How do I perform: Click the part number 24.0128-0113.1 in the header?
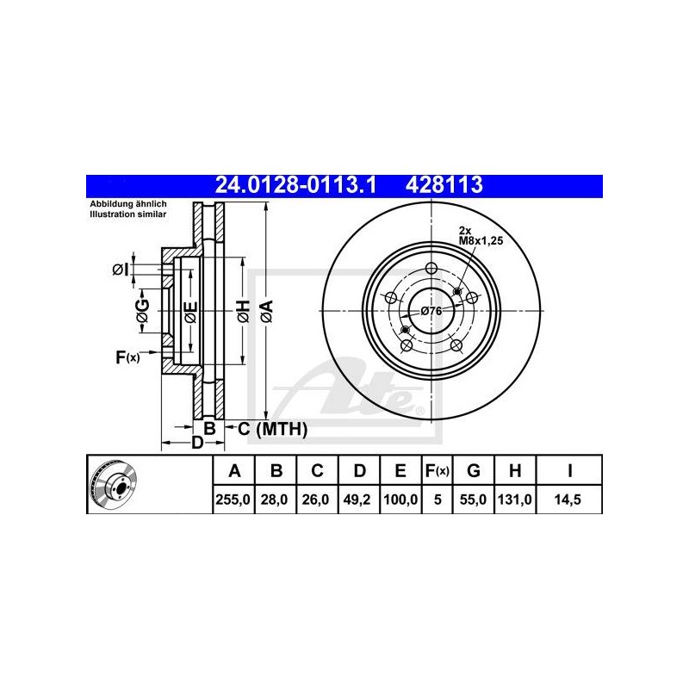[x=295, y=185]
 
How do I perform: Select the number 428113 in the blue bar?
[x=444, y=185]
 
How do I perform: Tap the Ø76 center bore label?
[x=431, y=311]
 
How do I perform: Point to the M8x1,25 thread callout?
[x=481, y=241]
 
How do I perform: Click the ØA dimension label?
[x=267, y=312]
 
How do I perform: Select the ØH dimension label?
[x=244, y=312]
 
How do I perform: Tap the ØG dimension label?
[x=143, y=311]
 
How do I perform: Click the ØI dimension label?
[x=120, y=270]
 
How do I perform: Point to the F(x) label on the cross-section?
[x=127, y=357]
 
